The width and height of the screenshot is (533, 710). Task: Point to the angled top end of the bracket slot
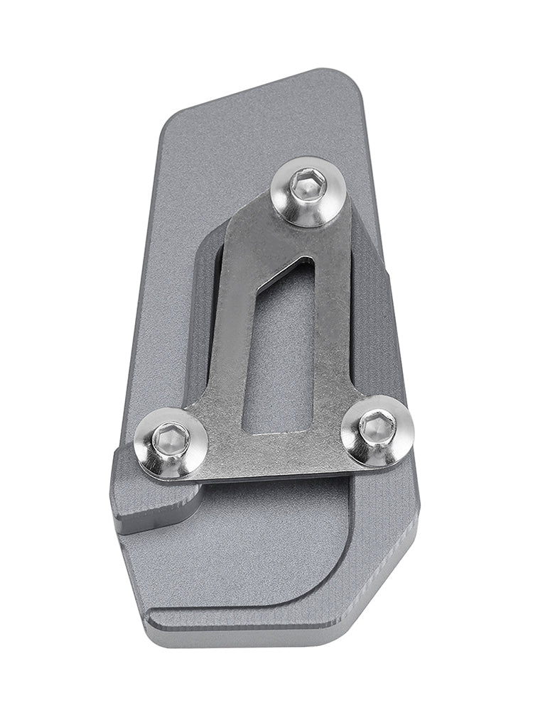(x=291, y=273)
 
